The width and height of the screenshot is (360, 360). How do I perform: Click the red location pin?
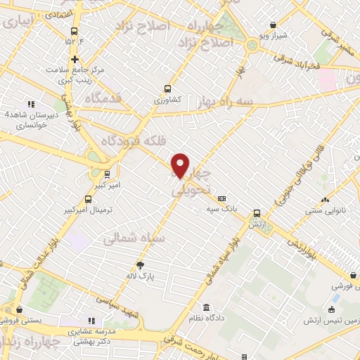[180, 165]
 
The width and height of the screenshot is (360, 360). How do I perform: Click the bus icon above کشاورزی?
[167, 89]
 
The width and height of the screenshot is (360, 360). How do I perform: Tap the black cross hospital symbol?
[75, 59]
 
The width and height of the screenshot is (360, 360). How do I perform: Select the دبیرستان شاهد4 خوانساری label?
[28, 120]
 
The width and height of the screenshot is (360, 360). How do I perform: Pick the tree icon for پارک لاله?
[141, 265]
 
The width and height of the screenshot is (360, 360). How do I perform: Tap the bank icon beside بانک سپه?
[221, 199]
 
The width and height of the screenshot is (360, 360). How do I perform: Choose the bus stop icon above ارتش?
[256, 213]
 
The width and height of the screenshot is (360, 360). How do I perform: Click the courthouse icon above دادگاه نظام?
[206, 308]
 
